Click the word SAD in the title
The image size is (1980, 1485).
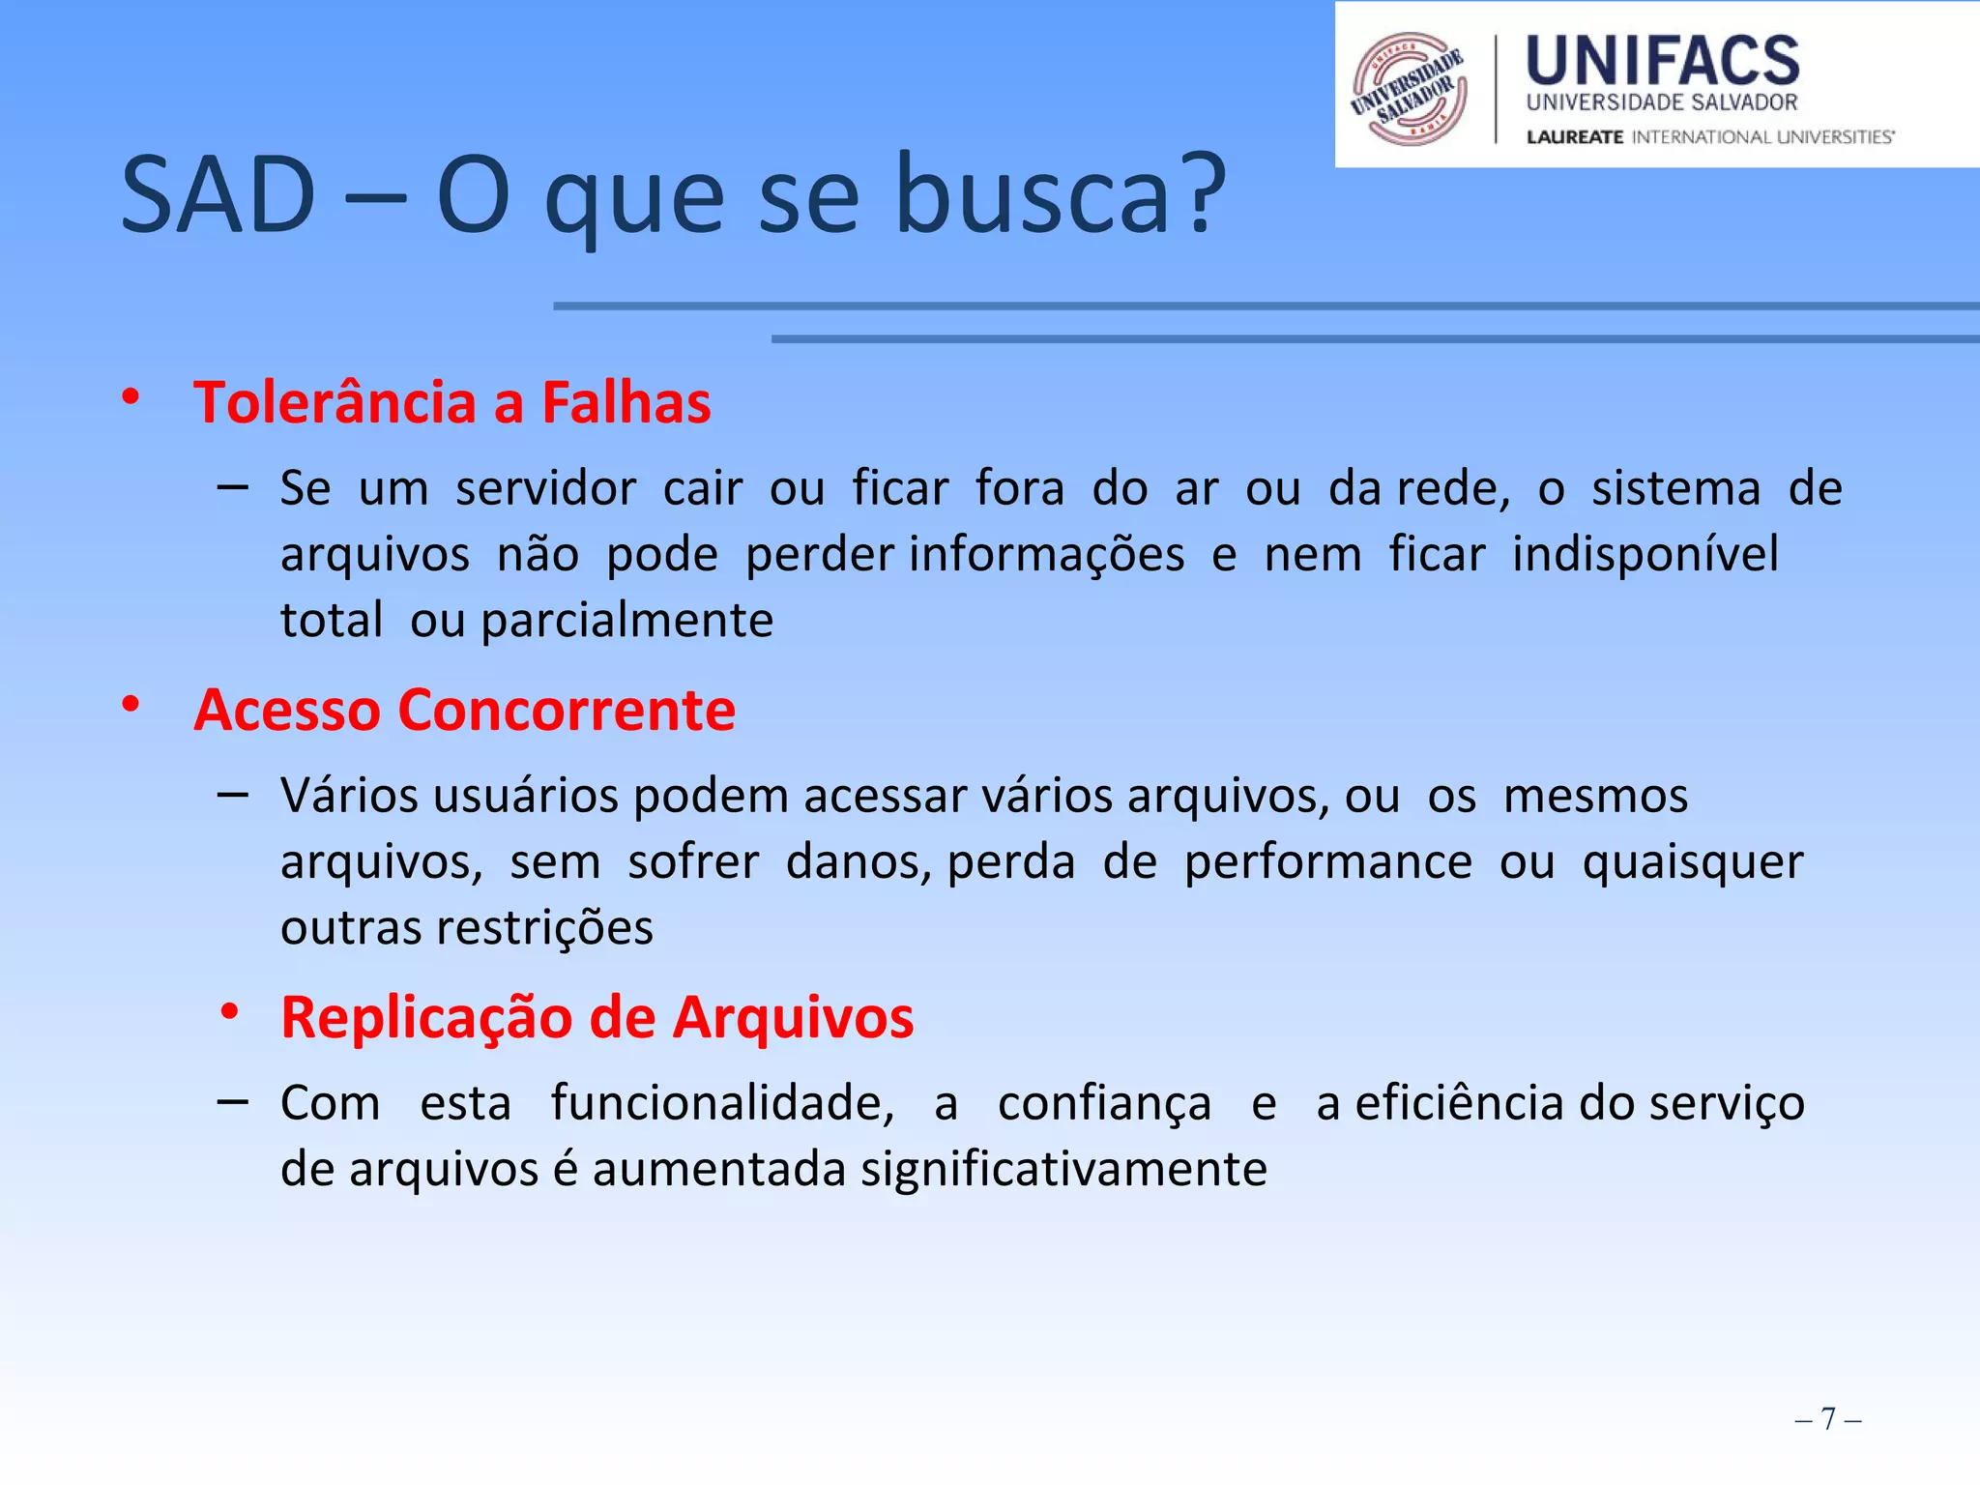[x=218, y=196]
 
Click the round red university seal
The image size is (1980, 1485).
[x=1410, y=89]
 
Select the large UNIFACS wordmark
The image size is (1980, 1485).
[x=1663, y=61]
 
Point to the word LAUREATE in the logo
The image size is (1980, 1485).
[x=1575, y=137]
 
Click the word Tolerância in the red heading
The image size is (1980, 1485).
[x=334, y=402]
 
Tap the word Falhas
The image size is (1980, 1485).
[x=626, y=402]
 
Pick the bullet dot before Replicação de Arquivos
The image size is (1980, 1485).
[x=229, y=1012]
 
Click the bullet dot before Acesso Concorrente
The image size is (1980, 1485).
[x=131, y=705]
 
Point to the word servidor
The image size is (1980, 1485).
[x=546, y=488]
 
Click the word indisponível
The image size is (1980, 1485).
[x=1645, y=554]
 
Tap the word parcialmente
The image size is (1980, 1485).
[x=627, y=620]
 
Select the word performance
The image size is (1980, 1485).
[x=1328, y=861]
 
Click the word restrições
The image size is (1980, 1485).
[x=545, y=928]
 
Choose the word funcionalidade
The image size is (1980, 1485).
[x=722, y=1103]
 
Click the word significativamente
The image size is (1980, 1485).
[x=1063, y=1169]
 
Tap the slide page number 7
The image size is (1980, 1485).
[x=1827, y=1418]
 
